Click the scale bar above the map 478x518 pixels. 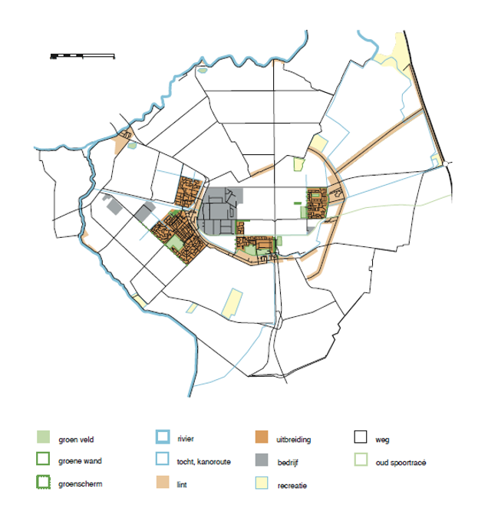(81, 55)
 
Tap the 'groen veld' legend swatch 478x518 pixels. (43, 438)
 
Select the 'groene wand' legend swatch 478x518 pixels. (43, 460)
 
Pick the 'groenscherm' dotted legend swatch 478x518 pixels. (43, 483)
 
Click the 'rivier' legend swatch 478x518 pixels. (162, 438)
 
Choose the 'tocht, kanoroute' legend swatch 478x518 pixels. (162, 460)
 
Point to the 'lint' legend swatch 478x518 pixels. (162, 483)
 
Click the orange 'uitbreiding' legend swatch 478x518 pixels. (261, 438)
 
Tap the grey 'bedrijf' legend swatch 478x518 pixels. (261, 460)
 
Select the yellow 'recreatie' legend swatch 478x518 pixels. (261, 483)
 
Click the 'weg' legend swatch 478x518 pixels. (361, 438)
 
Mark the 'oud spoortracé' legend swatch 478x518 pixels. (361, 460)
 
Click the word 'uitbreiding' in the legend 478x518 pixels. (293, 440)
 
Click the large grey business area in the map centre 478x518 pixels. (221, 210)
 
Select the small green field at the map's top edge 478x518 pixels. (203, 71)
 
